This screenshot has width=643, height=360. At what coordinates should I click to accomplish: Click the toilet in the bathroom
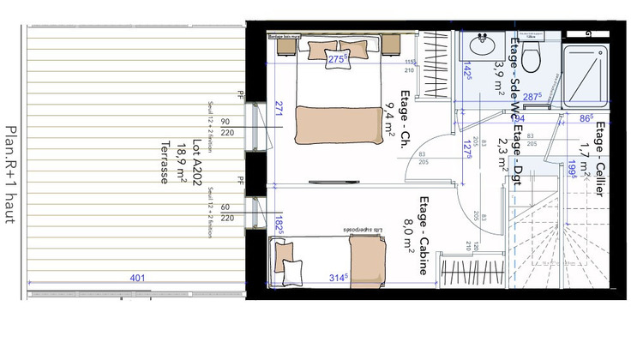pyautogui.click(x=532, y=58)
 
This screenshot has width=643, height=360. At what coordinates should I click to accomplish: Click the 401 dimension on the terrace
pyautogui.click(x=136, y=279)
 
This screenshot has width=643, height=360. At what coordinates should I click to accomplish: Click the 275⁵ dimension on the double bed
pyautogui.click(x=337, y=59)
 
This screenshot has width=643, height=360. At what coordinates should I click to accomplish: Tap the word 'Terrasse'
pyautogui.click(x=163, y=163)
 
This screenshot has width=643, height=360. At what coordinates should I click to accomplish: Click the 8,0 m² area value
pyautogui.click(x=410, y=236)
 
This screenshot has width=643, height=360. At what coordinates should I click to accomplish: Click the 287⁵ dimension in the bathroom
pyautogui.click(x=532, y=98)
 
